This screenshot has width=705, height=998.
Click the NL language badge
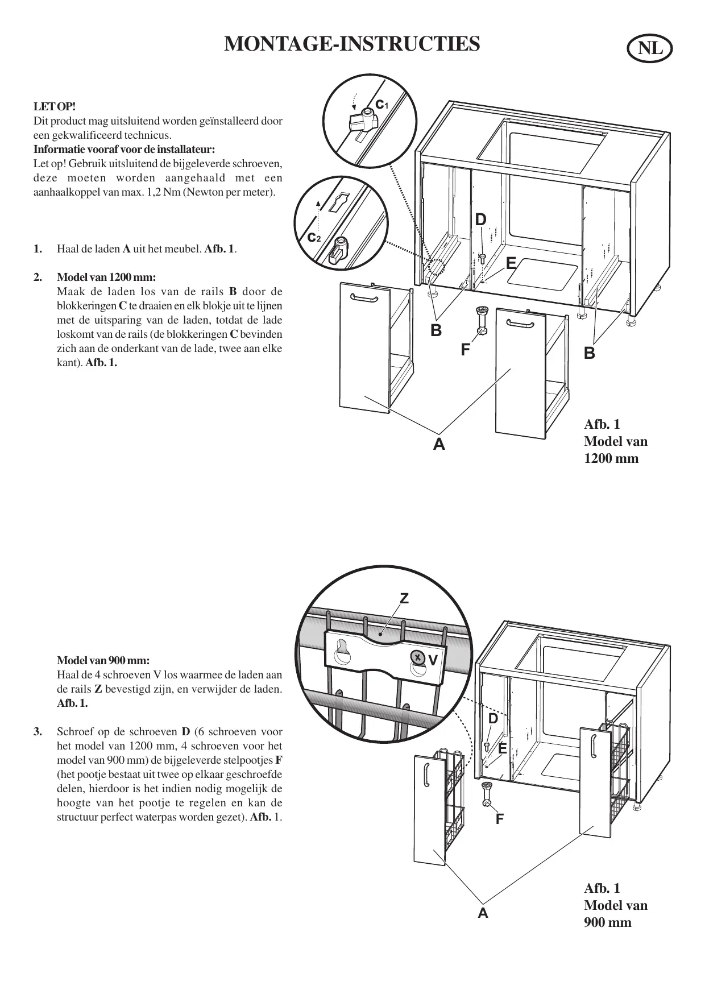[x=650, y=49]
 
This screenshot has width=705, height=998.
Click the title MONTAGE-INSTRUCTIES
[x=352, y=44]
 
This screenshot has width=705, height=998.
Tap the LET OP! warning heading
[x=55, y=106]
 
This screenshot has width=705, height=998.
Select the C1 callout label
[x=381, y=103]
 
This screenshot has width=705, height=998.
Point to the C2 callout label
[x=314, y=237]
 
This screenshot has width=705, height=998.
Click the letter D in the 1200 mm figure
[x=480, y=220]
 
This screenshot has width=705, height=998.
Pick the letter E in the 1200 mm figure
[x=511, y=263]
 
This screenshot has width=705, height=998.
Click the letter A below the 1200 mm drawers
[x=438, y=444]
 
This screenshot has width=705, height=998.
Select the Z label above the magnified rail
[x=404, y=598]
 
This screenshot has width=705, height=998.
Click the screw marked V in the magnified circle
[x=417, y=658]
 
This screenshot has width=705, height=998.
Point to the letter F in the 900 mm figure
[x=499, y=819]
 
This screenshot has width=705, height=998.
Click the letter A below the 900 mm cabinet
[x=483, y=913]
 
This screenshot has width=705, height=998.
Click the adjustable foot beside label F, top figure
[x=481, y=321]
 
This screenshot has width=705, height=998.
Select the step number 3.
[x=38, y=731]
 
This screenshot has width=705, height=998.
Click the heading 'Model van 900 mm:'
[x=103, y=661]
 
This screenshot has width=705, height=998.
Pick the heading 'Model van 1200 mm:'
[x=106, y=278]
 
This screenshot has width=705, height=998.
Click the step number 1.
[x=38, y=249]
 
